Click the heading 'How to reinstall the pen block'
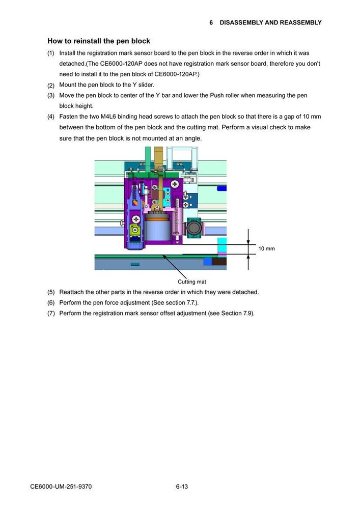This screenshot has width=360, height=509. point(99,41)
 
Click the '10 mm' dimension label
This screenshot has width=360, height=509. point(266,248)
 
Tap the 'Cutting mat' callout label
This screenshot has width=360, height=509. point(191,281)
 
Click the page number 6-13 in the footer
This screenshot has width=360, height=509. point(182,487)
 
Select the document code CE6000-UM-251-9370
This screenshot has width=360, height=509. point(61,487)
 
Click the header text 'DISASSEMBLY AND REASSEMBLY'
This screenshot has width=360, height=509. point(270,22)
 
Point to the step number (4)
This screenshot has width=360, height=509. point(51,117)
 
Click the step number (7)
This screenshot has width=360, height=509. point(51,313)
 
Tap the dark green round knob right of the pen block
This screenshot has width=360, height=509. point(193,228)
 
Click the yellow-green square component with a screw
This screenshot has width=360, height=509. point(135,218)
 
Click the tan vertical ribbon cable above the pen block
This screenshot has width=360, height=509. point(158,158)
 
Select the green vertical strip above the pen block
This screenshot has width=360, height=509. point(148,158)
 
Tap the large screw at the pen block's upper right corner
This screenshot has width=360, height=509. point(174,183)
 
